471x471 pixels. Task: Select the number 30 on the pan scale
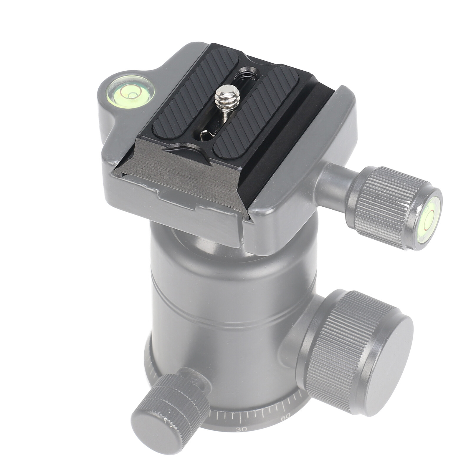click(x=241, y=438)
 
